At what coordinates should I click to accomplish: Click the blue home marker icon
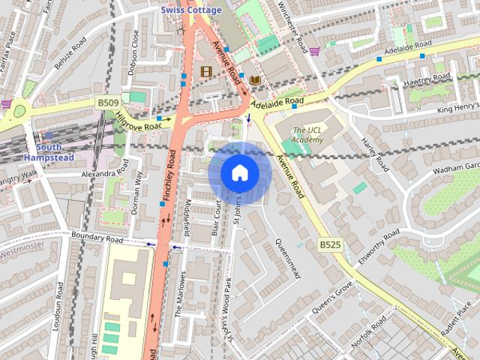point(239,172)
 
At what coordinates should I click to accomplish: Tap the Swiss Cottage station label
point(191,10)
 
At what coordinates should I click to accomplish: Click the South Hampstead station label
point(48,152)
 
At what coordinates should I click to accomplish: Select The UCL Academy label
point(307,134)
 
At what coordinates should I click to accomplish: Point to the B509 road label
point(107,102)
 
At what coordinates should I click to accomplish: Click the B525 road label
point(330,244)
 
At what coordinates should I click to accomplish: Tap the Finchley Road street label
point(166,177)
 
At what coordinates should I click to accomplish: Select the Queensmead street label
point(287,259)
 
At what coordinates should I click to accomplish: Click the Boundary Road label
point(97,238)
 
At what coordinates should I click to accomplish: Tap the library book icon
point(256,79)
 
